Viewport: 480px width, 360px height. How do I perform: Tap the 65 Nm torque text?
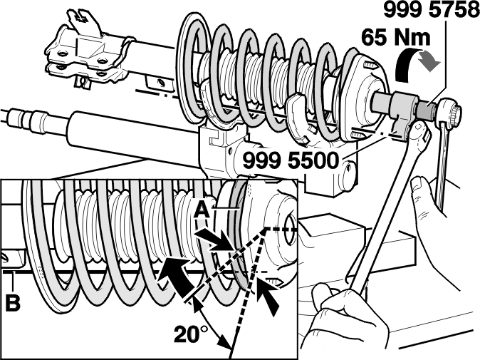(395, 37)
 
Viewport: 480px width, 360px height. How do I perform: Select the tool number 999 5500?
(291, 160)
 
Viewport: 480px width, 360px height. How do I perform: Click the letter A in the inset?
(202, 210)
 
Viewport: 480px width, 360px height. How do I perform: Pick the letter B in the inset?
(13, 302)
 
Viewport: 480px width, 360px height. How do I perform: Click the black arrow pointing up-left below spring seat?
(268, 297)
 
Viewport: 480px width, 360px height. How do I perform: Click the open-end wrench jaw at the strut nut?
(418, 133)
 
